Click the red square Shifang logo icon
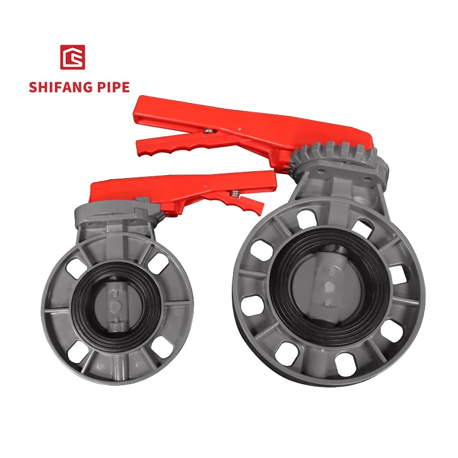pos(72,57)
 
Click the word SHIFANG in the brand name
pos(63,88)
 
